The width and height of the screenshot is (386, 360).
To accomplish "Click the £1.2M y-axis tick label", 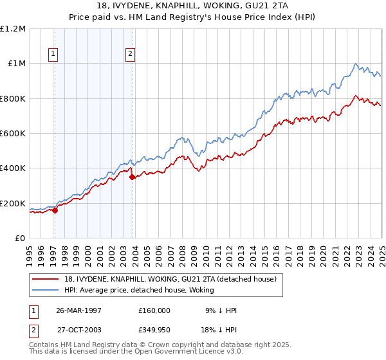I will click(x=13, y=28).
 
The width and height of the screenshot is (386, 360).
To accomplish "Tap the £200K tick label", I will click(x=13, y=203).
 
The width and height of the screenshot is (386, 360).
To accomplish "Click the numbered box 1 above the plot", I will click(x=53, y=54).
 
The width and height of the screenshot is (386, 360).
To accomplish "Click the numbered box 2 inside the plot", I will click(x=131, y=54).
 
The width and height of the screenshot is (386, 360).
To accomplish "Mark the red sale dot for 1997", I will click(x=55, y=210).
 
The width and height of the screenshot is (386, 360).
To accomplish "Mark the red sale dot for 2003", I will click(x=133, y=177).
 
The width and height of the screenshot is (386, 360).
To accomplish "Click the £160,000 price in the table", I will click(x=154, y=310).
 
